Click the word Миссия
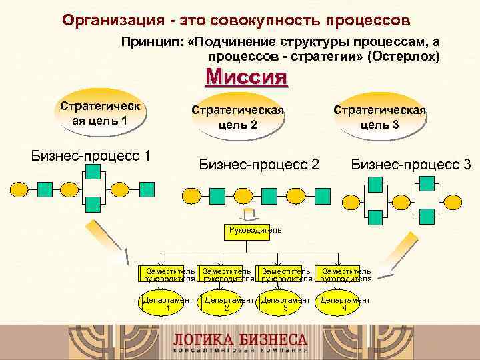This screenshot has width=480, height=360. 247,77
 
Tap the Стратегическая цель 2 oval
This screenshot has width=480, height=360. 237,116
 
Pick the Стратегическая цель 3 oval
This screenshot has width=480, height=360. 379,116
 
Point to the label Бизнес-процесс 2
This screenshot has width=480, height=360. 259,164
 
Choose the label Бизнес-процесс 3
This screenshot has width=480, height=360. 411,164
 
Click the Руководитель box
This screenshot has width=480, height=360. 254,231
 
